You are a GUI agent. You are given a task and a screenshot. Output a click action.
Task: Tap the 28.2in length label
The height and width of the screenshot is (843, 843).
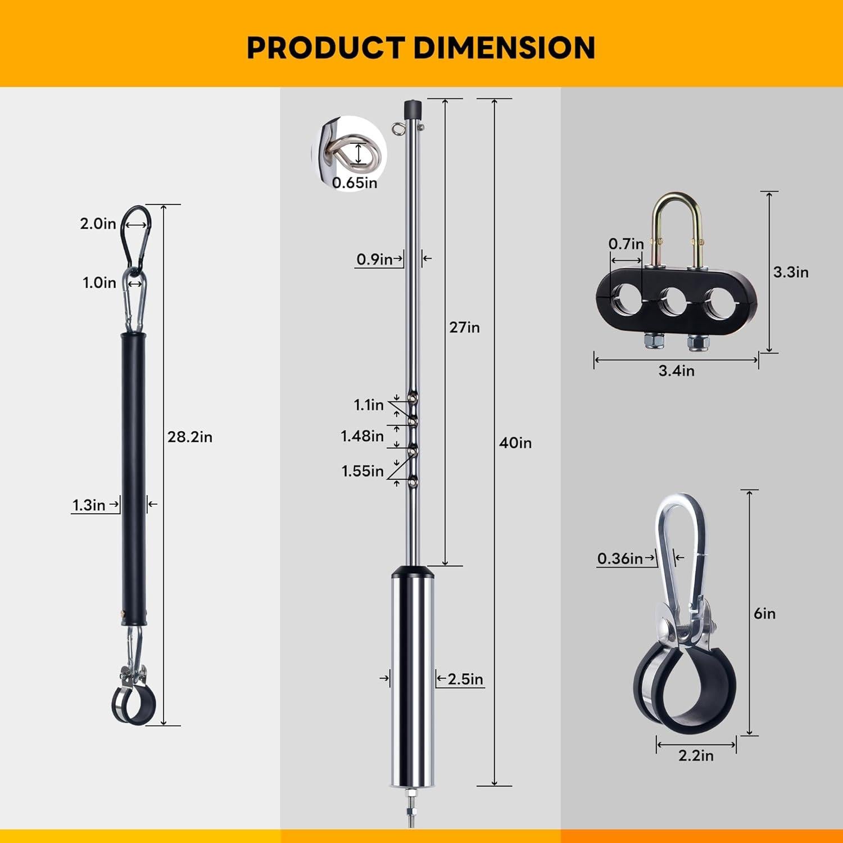tap(189, 437)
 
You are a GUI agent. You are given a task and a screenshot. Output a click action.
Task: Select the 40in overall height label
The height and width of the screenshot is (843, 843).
tap(515, 443)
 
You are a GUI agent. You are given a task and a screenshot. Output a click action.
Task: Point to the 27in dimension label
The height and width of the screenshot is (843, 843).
tap(464, 327)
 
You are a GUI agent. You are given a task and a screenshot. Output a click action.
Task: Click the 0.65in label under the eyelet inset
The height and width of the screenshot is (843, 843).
tap(354, 183)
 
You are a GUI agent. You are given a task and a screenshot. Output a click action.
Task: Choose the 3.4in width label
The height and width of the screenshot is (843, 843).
tap(676, 371)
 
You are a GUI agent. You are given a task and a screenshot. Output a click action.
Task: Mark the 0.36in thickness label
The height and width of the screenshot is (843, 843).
tap(619, 558)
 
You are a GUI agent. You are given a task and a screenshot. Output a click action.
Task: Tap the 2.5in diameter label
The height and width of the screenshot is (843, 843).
tap(465, 679)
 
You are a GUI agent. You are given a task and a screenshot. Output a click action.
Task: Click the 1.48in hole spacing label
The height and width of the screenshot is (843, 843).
tap(362, 436)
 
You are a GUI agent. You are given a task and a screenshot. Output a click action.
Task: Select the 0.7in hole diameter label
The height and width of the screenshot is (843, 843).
tap(626, 244)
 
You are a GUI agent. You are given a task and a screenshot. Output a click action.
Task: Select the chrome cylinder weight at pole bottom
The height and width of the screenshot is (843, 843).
tap(413, 680)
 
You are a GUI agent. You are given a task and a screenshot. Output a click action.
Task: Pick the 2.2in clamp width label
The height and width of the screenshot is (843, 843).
tap(695, 756)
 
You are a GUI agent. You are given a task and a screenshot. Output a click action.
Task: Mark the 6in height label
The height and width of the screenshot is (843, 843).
tap(764, 613)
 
